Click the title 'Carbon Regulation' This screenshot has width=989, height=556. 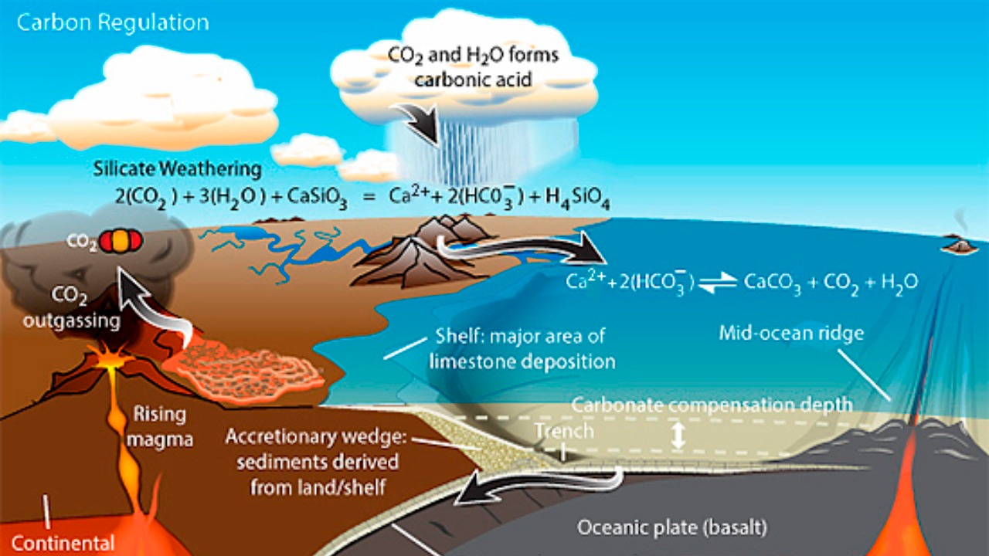[113, 22]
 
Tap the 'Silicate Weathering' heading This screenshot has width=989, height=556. [177, 168]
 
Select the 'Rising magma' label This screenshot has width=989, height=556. [160, 425]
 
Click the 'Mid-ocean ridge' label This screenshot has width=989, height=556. [790, 334]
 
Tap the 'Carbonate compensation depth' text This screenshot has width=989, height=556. [712, 405]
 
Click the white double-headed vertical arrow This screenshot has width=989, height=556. [678, 435]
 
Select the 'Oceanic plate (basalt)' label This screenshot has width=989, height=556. [672, 529]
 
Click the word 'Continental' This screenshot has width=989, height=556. [63, 543]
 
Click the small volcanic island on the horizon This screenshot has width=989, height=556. [960, 245]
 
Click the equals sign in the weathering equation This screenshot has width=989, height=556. [372, 198]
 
